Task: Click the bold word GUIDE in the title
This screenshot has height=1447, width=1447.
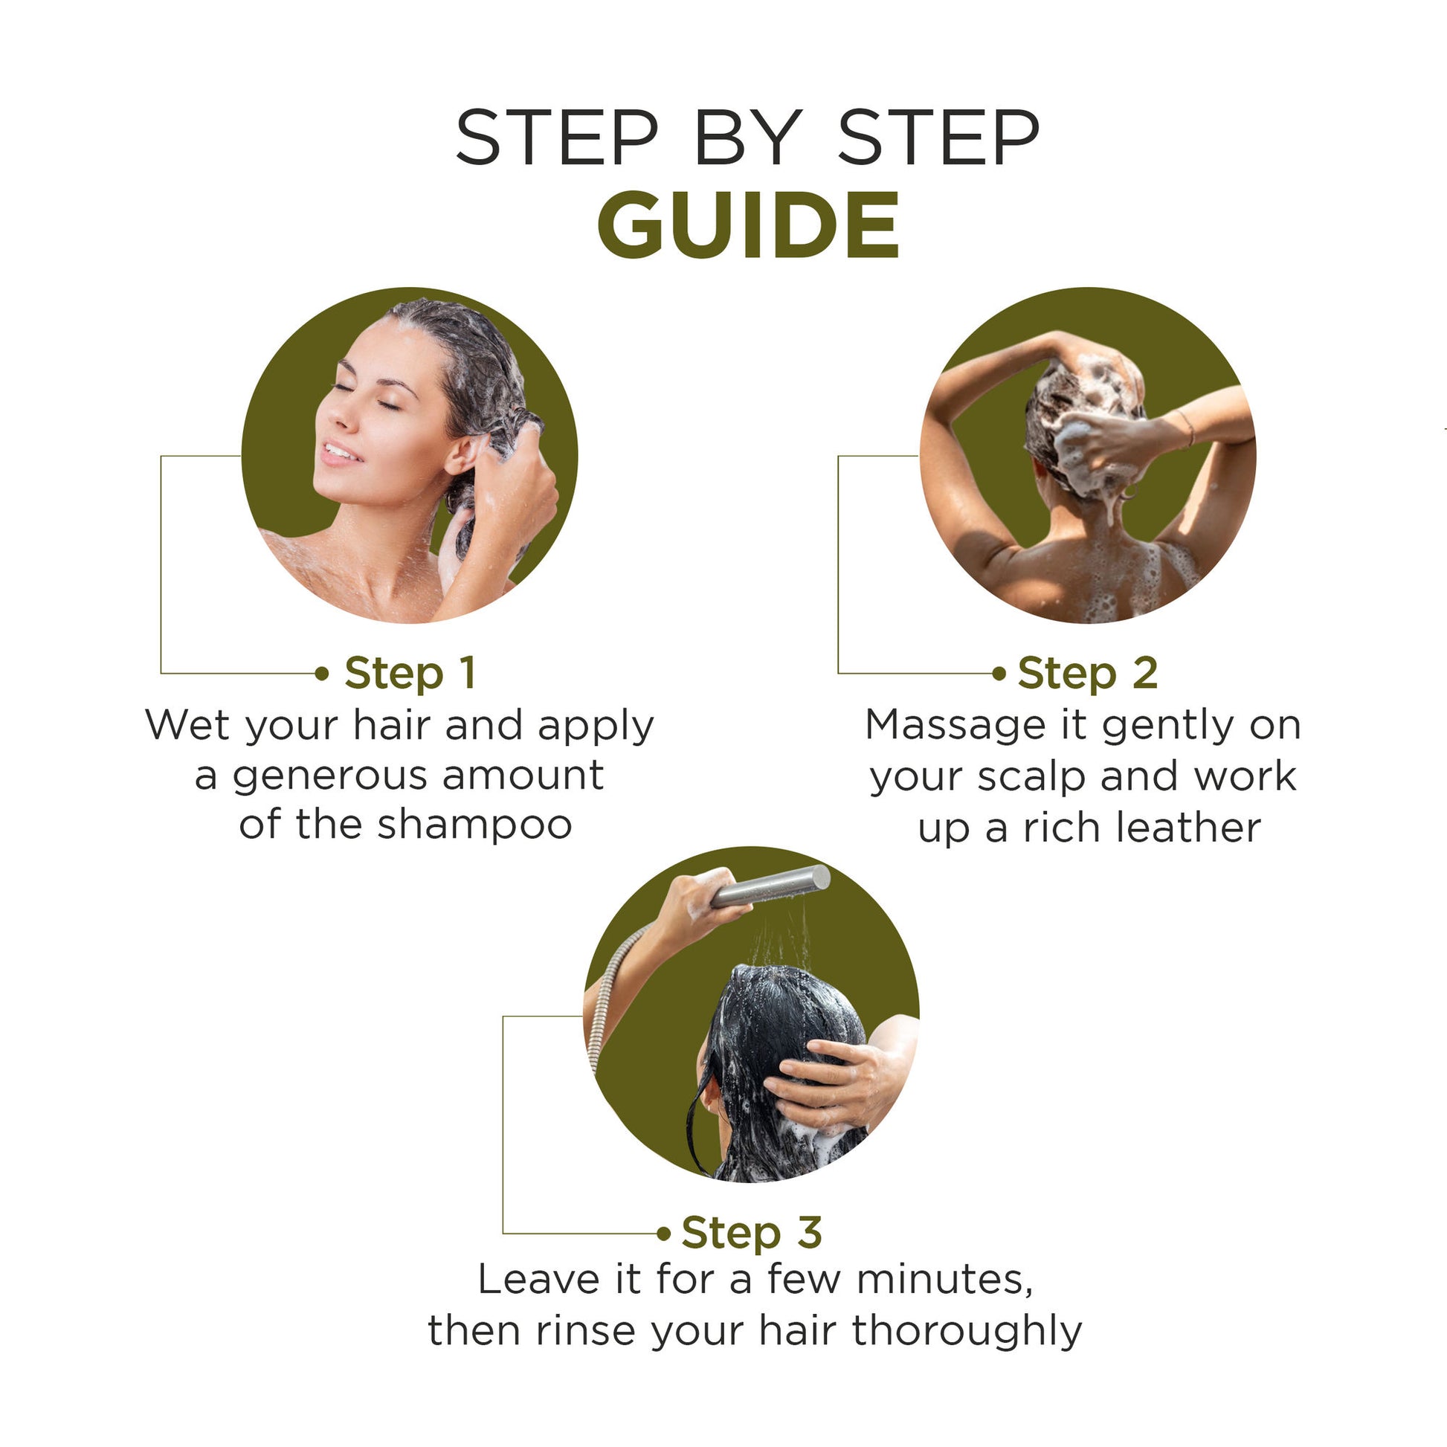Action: (747, 225)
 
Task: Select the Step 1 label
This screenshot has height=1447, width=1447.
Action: (410, 673)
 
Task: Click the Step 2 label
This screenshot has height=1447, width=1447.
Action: (1087, 673)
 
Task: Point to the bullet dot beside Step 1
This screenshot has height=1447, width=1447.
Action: (322, 674)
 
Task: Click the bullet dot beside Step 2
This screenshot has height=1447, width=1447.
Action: (999, 674)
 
